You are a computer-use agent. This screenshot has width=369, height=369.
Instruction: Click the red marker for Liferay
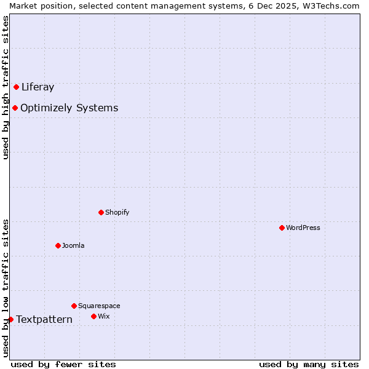click(17, 87)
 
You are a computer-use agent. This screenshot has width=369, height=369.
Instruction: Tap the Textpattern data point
click(10, 319)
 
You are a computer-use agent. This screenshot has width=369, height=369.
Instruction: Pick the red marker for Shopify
click(101, 212)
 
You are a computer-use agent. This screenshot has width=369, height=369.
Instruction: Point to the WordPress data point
click(282, 228)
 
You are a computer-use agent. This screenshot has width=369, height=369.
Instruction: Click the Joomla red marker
click(58, 245)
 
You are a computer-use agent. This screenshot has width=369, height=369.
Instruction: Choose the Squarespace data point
click(74, 306)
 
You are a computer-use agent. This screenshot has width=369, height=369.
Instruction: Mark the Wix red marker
click(94, 316)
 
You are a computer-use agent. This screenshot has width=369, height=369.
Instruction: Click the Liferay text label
click(38, 87)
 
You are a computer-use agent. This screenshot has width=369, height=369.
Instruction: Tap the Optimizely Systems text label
click(69, 108)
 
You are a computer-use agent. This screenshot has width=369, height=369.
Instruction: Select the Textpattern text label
click(44, 319)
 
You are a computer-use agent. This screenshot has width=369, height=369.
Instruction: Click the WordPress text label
click(303, 228)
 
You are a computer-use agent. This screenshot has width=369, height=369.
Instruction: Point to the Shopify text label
click(117, 212)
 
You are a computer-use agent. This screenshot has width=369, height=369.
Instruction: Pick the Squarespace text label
click(99, 306)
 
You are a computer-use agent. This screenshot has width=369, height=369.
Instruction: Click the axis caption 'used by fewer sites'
click(63, 364)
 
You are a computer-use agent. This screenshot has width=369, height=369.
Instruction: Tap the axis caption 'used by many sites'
click(309, 364)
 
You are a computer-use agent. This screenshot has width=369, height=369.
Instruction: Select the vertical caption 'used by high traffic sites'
click(6, 87)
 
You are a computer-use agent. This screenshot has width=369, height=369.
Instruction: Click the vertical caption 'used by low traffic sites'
click(6, 287)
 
